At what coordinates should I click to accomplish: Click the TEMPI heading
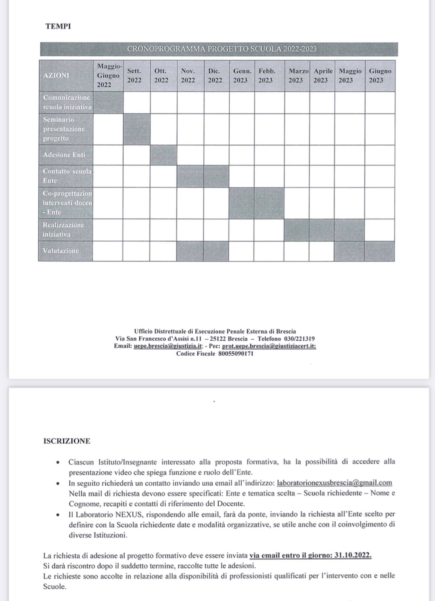point(58,27)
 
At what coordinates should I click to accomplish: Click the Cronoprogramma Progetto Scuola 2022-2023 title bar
point(222,49)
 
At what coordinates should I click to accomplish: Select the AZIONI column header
point(56,75)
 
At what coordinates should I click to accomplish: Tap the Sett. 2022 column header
point(134,75)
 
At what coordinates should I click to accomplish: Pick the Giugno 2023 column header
point(380,75)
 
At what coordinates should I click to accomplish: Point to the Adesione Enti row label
point(64,155)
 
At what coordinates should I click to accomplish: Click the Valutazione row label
point(61,251)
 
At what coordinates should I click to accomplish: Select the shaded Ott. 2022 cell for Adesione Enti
point(163,155)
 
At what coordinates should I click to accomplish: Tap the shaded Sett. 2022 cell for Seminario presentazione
point(137,129)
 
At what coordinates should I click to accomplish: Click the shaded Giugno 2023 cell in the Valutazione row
point(380,251)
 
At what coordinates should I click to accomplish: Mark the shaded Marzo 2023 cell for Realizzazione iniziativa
point(297,230)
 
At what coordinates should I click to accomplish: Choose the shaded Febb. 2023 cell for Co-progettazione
point(269,203)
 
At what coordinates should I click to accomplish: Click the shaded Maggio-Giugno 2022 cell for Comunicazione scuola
point(108,102)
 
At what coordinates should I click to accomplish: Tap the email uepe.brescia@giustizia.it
point(168,346)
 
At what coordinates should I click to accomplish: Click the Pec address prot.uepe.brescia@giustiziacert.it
point(269,346)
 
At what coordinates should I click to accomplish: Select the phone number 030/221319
point(299,339)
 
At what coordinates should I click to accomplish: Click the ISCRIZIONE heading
point(67,441)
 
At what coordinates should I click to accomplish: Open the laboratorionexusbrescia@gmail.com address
point(334,483)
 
